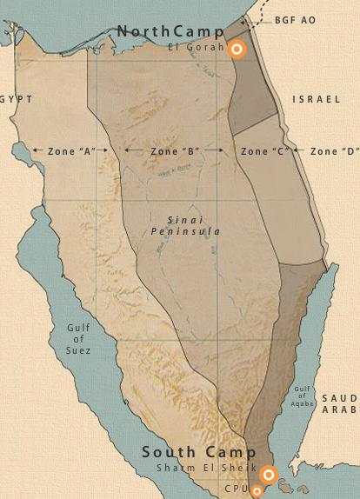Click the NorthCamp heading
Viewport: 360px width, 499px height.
tap(170, 31)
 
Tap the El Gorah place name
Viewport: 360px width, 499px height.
tap(197, 47)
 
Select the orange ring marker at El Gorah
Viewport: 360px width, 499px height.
tap(236, 50)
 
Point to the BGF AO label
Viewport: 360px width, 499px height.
tap(296, 19)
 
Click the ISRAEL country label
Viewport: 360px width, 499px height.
tap(317, 100)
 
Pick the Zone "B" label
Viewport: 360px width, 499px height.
tap(175, 151)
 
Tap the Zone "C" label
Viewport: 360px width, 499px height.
tap(264, 151)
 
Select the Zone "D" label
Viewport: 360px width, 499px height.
tap(335, 151)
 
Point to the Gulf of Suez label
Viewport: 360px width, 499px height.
tap(78, 339)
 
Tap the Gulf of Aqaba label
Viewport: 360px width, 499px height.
tap(302, 396)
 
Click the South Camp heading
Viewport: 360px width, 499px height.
tap(199, 452)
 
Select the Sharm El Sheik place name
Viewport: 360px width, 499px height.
tap(207, 468)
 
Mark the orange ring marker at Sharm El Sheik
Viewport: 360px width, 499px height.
tap(269, 474)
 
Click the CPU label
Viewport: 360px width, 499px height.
tap(237, 489)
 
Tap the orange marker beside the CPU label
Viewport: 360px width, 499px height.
tap(257, 492)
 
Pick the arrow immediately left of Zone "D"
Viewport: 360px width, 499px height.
tap(298, 150)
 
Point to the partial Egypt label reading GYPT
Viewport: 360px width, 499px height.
tap(16, 100)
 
